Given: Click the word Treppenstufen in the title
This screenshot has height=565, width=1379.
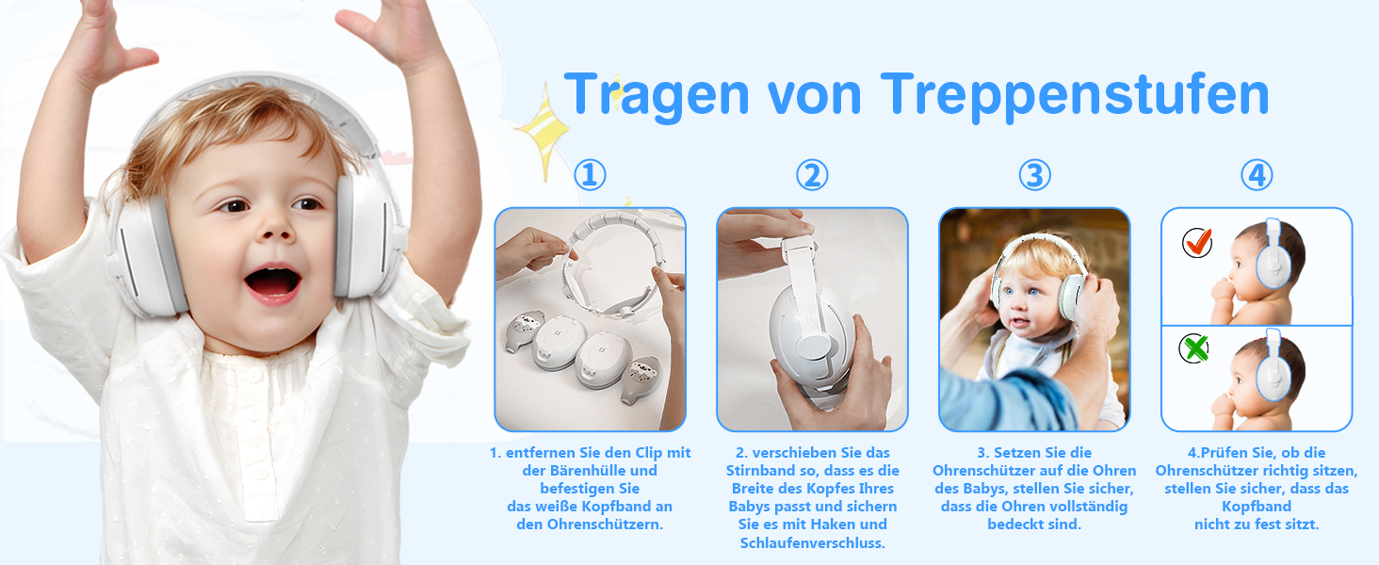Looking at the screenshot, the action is pos(1074,95).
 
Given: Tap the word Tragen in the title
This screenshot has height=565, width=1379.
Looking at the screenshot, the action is pos(657,95).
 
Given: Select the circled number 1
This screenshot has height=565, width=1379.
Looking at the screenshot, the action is pos(590,175).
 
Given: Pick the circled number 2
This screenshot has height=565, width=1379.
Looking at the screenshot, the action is pos(812,175).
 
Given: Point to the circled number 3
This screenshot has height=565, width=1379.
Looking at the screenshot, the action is pos(1034,175).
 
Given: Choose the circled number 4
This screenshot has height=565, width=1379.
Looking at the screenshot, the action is pos(1257,175).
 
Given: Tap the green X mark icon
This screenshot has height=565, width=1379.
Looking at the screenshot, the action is pos(1194,348).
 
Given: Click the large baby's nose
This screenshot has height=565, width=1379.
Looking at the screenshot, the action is pos(275,227).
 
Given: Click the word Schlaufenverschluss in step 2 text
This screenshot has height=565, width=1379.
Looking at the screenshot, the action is pos(812,542).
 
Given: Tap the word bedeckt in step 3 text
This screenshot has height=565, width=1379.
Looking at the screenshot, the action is pos(1011,525).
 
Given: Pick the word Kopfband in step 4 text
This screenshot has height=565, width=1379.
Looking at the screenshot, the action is pos(1257,507).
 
